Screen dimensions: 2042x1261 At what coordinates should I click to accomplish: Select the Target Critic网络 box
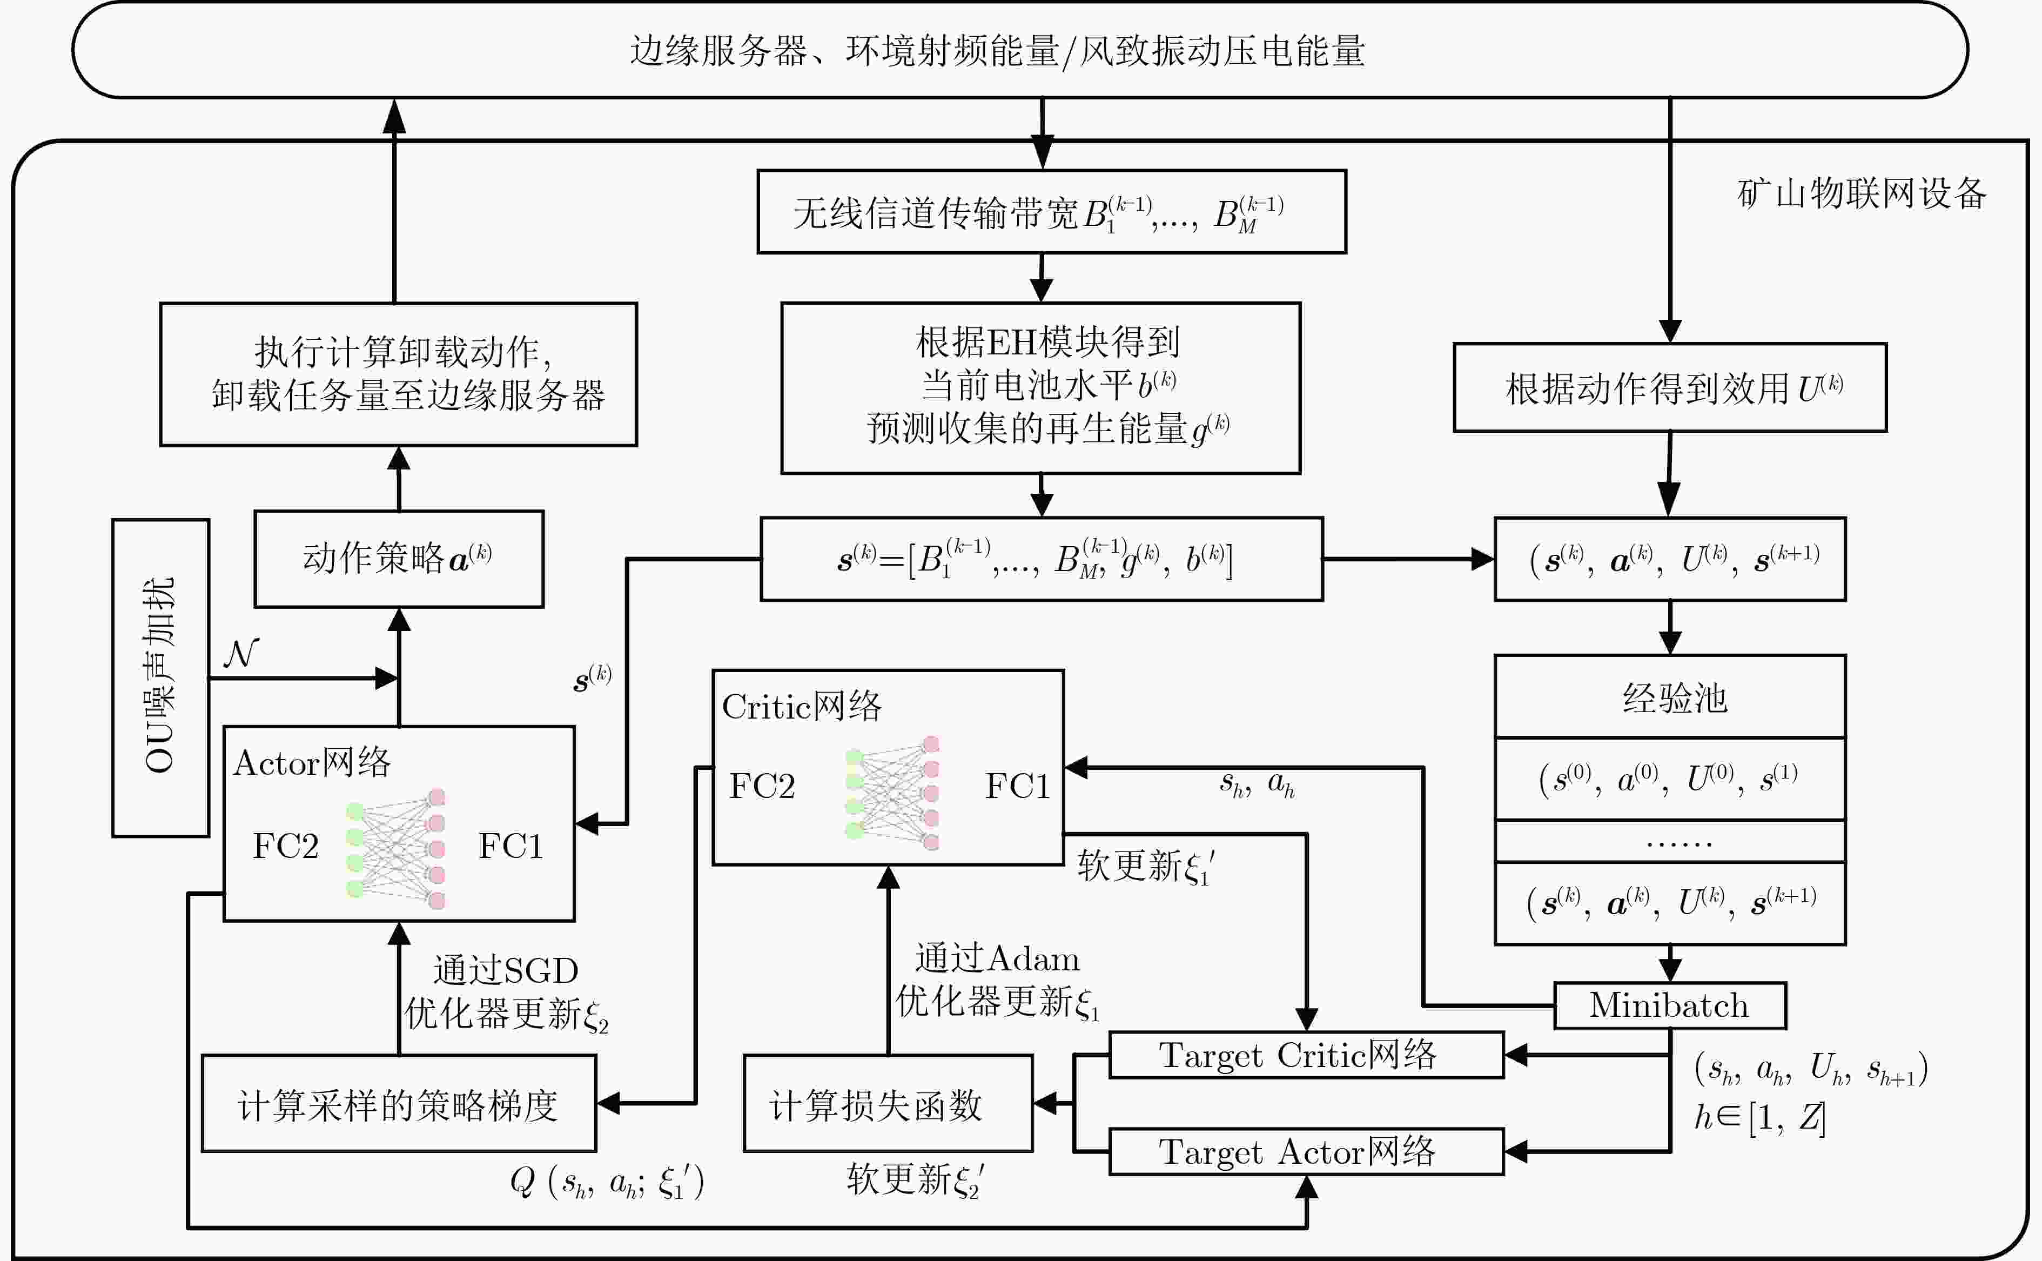point(1306,1055)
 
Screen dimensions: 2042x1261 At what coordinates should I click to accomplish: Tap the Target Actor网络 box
point(1306,1152)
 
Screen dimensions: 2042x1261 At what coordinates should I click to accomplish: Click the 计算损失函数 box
point(888,1103)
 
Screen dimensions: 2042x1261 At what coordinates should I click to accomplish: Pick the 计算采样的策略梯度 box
point(399,1103)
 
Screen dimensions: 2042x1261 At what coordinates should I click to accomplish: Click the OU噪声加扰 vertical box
point(160,677)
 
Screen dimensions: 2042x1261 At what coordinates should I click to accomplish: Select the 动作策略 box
point(399,559)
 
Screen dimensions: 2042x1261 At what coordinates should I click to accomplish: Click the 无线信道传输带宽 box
point(1051,212)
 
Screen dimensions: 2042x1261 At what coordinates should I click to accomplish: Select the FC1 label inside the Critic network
point(1017,786)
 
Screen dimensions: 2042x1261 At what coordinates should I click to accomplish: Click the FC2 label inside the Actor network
point(285,846)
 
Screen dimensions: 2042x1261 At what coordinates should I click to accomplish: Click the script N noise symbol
point(241,653)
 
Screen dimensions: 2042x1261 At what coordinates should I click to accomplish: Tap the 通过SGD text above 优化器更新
point(505,970)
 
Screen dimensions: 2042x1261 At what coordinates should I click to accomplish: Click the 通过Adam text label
point(997,958)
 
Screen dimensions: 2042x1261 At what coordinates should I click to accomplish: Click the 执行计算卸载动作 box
point(399,374)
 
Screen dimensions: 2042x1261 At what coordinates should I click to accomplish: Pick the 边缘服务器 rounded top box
point(1020,50)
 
